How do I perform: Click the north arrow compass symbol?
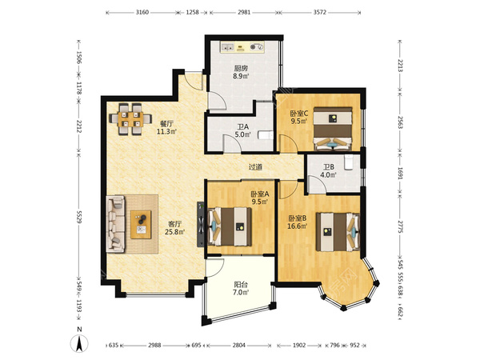click(x=79, y=343)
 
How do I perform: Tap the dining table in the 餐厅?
click(x=130, y=119)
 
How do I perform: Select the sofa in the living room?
click(x=116, y=224)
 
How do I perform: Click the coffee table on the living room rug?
click(x=141, y=224)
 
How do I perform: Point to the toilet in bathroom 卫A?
click(x=266, y=135)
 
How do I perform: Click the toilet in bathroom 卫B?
click(x=348, y=162)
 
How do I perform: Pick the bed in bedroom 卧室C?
click(x=333, y=129)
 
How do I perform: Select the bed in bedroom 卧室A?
click(x=230, y=227)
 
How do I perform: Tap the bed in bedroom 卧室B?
click(x=338, y=232)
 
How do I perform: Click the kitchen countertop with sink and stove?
click(x=242, y=47)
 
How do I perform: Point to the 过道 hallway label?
click(x=255, y=167)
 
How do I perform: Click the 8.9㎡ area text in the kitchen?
click(x=241, y=76)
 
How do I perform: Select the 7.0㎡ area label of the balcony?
click(x=241, y=292)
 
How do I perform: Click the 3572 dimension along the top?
click(x=320, y=12)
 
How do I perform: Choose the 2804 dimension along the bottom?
click(x=238, y=346)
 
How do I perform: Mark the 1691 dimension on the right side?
click(x=401, y=173)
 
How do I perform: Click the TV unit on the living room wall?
click(x=201, y=224)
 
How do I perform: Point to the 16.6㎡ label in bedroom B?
click(x=298, y=226)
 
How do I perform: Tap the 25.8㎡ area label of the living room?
click(x=174, y=232)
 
